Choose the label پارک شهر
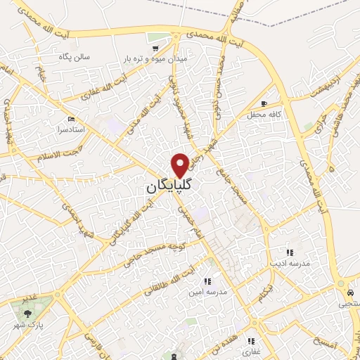(x=30, y=327)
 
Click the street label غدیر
(x=28, y=299)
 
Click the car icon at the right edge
(x=350, y=292)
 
